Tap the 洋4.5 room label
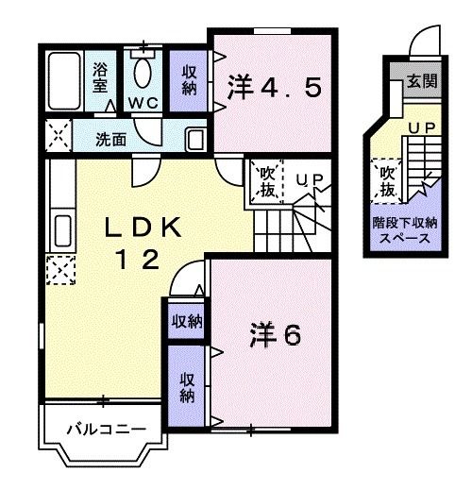275,89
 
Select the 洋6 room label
276,333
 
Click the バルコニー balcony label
105,430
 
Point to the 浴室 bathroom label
100,76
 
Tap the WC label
145,101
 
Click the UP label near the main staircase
309,177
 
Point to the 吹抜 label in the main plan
266,181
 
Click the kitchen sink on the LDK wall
61,231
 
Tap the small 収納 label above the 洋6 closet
186,321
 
